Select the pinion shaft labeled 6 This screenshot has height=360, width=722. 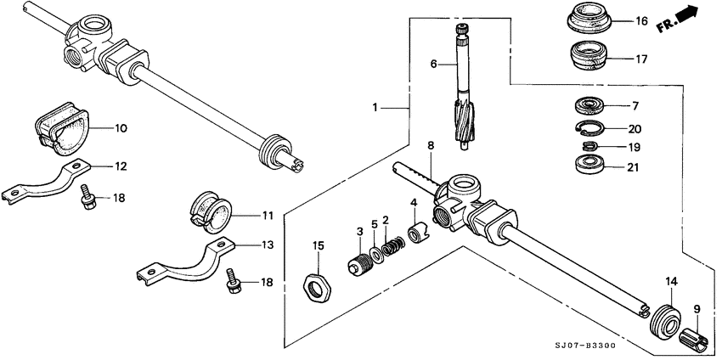(x=462, y=93)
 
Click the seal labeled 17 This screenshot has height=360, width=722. (x=588, y=58)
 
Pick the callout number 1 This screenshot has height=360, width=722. (x=374, y=108)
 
